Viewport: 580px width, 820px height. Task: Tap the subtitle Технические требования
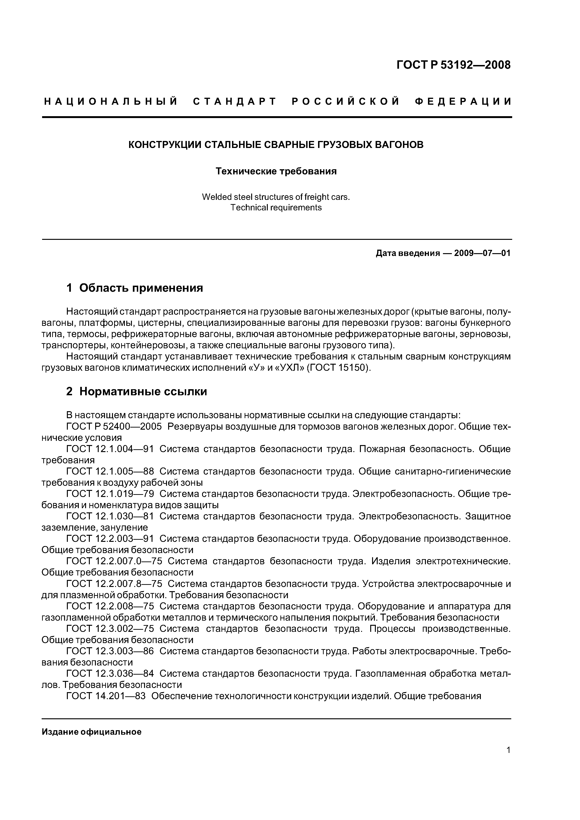click(x=276, y=171)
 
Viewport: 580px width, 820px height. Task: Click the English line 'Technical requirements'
click(x=276, y=208)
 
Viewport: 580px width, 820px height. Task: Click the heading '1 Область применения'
click(x=135, y=288)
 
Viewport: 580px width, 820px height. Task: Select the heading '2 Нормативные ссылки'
click(x=137, y=392)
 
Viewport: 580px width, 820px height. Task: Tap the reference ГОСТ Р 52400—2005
click(x=114, y=426)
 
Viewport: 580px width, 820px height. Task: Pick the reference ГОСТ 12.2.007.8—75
click(x=114, y=584)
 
